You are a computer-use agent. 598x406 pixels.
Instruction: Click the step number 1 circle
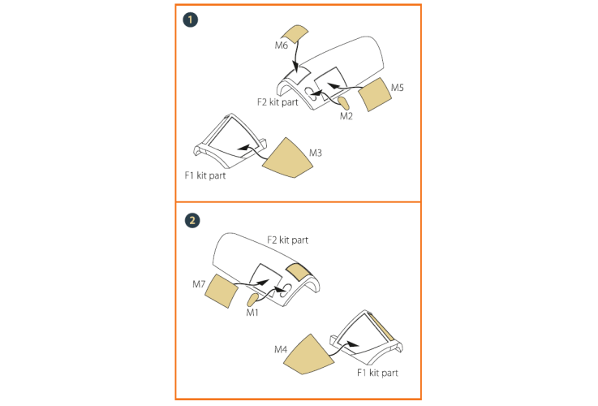191,19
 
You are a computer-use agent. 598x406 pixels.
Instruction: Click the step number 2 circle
192,221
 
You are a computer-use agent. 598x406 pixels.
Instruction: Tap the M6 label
282,45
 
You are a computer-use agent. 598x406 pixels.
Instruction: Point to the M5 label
398,88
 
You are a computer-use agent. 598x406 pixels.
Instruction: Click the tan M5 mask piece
375,95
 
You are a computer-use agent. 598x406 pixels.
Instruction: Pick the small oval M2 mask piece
343,103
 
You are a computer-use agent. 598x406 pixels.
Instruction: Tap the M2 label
346,116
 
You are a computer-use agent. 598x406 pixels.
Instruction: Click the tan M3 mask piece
287,159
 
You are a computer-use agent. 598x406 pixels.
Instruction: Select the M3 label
316,153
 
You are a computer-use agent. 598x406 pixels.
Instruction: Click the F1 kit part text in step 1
205,175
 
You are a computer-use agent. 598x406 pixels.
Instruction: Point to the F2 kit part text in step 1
277,102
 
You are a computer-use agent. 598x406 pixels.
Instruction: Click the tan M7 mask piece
222,291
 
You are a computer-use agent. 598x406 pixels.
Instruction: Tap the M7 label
199,284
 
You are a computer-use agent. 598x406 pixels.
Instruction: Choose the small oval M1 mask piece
252,300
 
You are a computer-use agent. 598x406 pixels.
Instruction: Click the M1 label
252,313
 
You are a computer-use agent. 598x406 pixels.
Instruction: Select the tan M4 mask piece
308,356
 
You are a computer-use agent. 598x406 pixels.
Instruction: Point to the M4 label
281,349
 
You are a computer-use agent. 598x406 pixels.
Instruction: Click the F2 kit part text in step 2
287,240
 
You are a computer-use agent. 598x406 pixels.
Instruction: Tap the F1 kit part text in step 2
377,373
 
